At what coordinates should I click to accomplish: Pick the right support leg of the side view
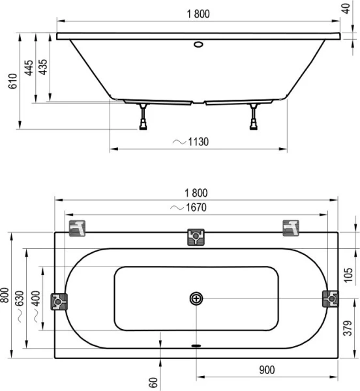click(253, 117)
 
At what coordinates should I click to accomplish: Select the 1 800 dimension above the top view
click(196, 193)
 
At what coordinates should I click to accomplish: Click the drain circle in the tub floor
click(196, 298)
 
